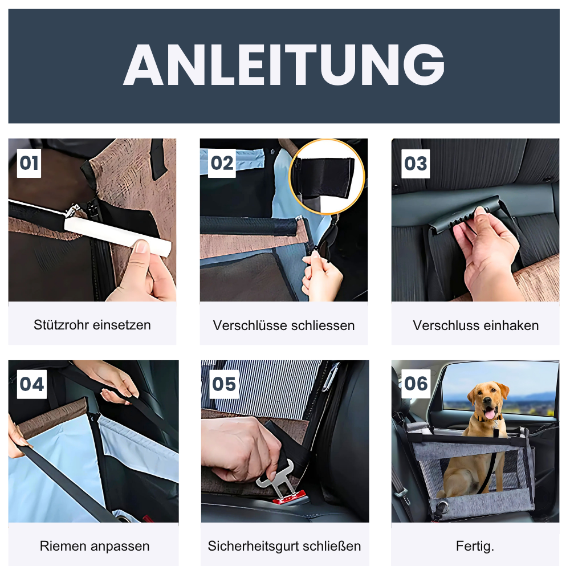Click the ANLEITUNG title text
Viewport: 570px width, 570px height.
tap(284, 64)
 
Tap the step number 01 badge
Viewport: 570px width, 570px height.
tap(29, 164)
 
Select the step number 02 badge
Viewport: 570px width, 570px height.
tap(222, 164)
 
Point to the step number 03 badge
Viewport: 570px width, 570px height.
tap(415, 164)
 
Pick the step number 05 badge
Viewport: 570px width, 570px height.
tap(223, 384)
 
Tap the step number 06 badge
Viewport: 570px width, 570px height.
tap(416, 384)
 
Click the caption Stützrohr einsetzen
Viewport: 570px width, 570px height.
tap(92, 325)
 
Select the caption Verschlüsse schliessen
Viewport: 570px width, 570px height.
tap(284, 325)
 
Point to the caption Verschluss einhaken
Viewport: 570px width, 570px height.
tap(475, 325)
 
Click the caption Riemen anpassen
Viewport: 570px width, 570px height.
tap(95, 545)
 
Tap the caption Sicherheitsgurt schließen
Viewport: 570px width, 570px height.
tap(284, 545)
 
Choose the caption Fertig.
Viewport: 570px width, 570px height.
tap(475, 545)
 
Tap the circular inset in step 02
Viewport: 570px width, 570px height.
tap(327, 176)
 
